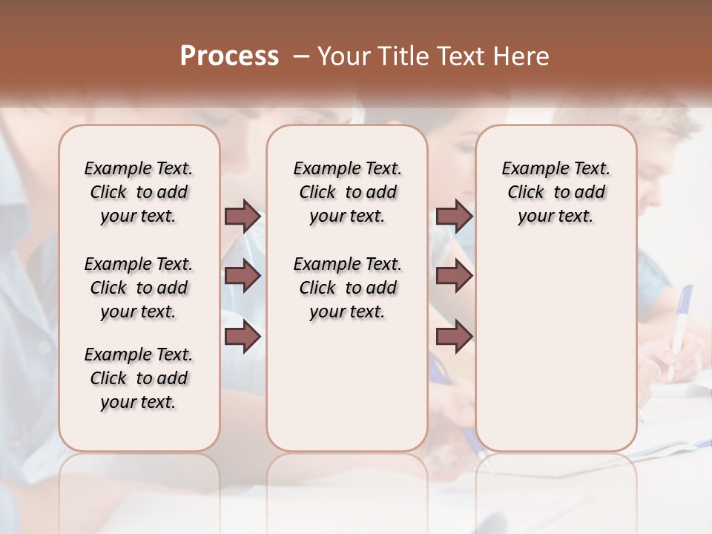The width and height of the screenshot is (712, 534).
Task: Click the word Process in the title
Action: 229,56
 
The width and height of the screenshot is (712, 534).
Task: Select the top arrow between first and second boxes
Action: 243,217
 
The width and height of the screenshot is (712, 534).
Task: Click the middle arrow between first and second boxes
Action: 243,277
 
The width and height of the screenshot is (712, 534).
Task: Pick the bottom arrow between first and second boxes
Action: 243,337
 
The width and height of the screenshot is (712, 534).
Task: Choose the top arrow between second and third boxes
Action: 454,217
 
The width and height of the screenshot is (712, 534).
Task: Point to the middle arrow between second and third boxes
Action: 454,277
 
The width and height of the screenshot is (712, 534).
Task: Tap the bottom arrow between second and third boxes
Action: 454,337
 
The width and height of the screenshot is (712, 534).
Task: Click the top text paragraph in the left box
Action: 139,192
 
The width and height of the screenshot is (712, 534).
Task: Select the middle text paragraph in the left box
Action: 139,288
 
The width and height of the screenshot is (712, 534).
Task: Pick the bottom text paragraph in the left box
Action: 139,378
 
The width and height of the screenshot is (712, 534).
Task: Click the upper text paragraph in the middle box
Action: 347,192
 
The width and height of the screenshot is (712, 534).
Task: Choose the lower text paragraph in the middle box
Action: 347,288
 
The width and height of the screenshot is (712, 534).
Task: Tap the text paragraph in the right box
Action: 556,192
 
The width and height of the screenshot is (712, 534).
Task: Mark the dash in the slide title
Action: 300,56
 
